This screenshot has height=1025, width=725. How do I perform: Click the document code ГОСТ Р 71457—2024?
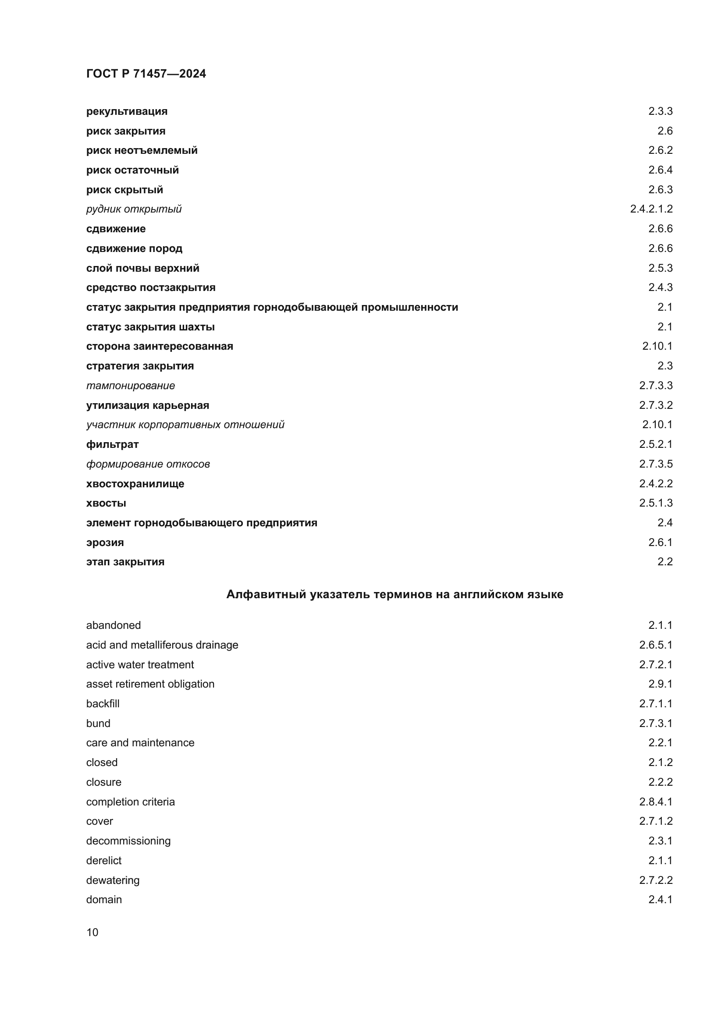146,74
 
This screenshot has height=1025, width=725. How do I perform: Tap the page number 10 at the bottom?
92,932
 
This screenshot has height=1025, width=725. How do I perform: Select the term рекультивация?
127,111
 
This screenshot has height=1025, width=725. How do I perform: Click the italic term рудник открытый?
134,209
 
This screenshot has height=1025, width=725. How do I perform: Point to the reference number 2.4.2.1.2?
651,209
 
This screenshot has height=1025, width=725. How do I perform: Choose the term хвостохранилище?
135,483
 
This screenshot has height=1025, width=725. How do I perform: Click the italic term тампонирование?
131,385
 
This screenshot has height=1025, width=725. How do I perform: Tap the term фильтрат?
113,444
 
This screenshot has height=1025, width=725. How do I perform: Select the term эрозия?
105,543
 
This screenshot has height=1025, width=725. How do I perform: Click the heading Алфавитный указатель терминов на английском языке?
394,594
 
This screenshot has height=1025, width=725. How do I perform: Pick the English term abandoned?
114,625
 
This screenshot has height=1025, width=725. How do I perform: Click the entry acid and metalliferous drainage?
162,645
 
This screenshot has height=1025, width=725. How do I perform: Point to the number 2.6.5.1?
656,645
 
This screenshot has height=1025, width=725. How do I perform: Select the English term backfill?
103,704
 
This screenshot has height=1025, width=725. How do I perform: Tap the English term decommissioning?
128,841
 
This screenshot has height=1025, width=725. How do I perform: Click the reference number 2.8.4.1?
656,802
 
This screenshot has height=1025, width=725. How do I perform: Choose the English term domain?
104,899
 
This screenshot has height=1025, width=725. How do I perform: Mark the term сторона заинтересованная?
160,346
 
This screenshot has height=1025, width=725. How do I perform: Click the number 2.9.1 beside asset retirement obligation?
660,684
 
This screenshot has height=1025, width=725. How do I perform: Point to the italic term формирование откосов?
148,464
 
